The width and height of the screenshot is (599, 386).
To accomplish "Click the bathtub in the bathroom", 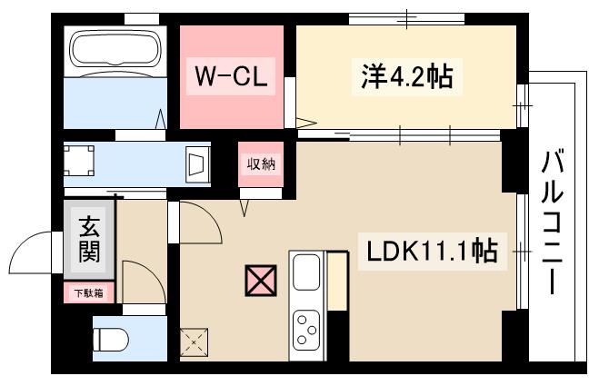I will [x=114, y=50].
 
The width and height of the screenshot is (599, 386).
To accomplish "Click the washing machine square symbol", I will [x=80, y=161].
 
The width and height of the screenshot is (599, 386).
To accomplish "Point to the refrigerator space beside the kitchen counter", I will [x=337, y=282].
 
